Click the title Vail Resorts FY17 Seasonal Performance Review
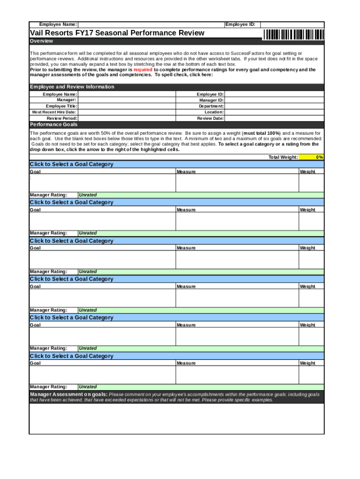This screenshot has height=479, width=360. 117,33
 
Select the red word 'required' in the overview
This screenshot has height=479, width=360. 143,69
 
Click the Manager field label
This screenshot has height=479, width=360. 66,100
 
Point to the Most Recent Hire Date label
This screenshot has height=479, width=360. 54,112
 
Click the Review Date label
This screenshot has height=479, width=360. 210,118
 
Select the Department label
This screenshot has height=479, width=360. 211,106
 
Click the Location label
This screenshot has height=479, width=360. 214,112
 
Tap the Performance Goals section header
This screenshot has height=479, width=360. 54,125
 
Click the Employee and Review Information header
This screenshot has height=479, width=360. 72,87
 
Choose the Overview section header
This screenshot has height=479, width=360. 42,41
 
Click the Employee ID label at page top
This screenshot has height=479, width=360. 240,24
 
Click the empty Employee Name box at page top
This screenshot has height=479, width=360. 150,24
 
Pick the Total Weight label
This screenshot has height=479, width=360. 283,157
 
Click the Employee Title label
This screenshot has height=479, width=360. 61,106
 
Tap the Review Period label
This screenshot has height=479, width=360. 62,118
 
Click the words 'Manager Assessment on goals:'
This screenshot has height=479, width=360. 68,394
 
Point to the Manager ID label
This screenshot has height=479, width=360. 211,100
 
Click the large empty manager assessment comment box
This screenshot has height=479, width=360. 177,419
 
